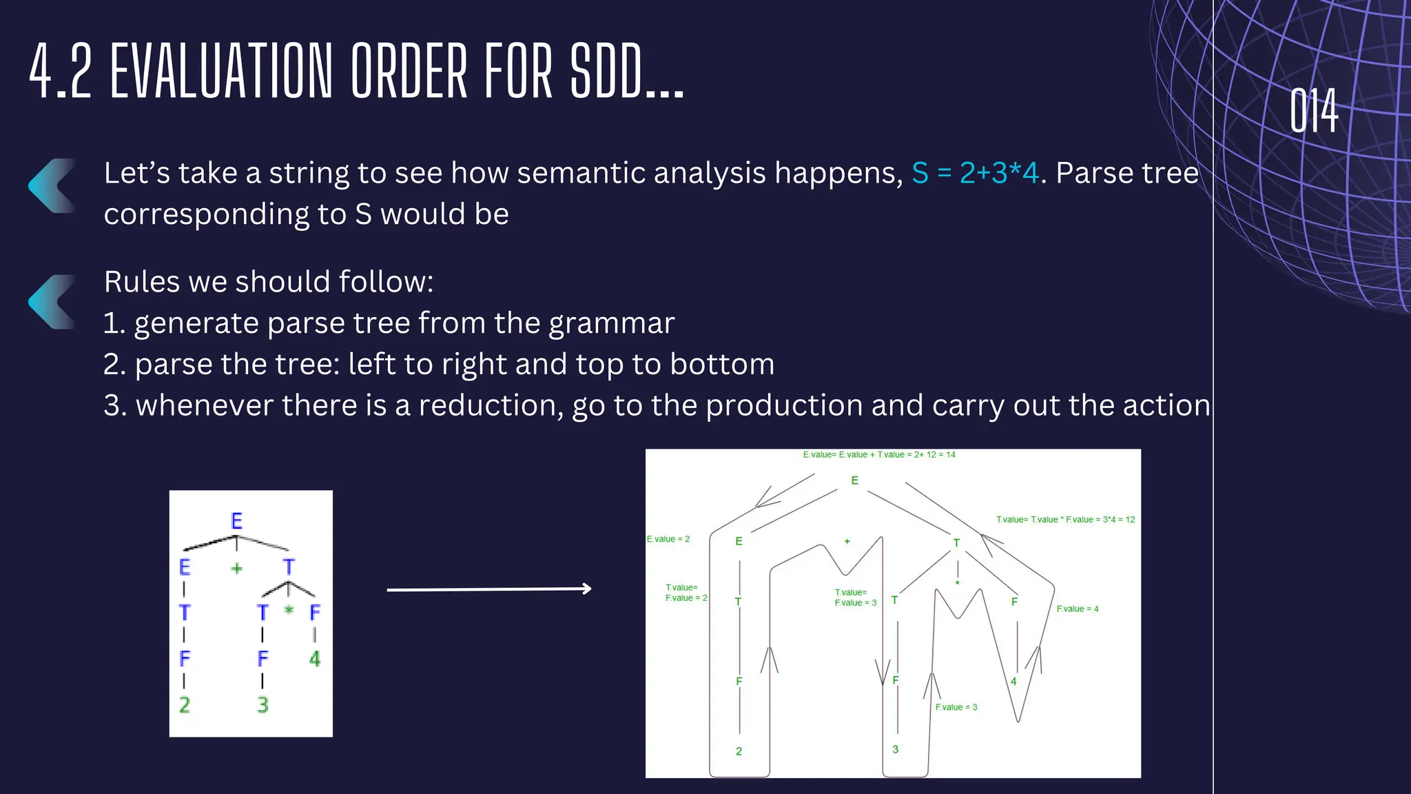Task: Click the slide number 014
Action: pos(1314,110)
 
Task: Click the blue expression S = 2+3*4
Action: pos(975,173)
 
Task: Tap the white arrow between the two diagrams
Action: pos(489,589)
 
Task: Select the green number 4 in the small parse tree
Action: pos(315,659)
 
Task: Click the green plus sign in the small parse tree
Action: pos(236,568)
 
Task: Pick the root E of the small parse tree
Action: pos(236,521)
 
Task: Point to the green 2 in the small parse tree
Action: pos(185,705)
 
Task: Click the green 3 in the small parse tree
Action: pos(262,705)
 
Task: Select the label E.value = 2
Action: pos(668,539)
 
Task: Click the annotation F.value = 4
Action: pos(1078,609)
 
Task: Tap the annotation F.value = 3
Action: pos(956,707)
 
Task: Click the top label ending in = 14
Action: pos(879,455)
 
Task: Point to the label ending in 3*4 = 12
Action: pos(1065,520)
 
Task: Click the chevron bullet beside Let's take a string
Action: pos(52,185)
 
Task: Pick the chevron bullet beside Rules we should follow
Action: pos(52,302)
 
